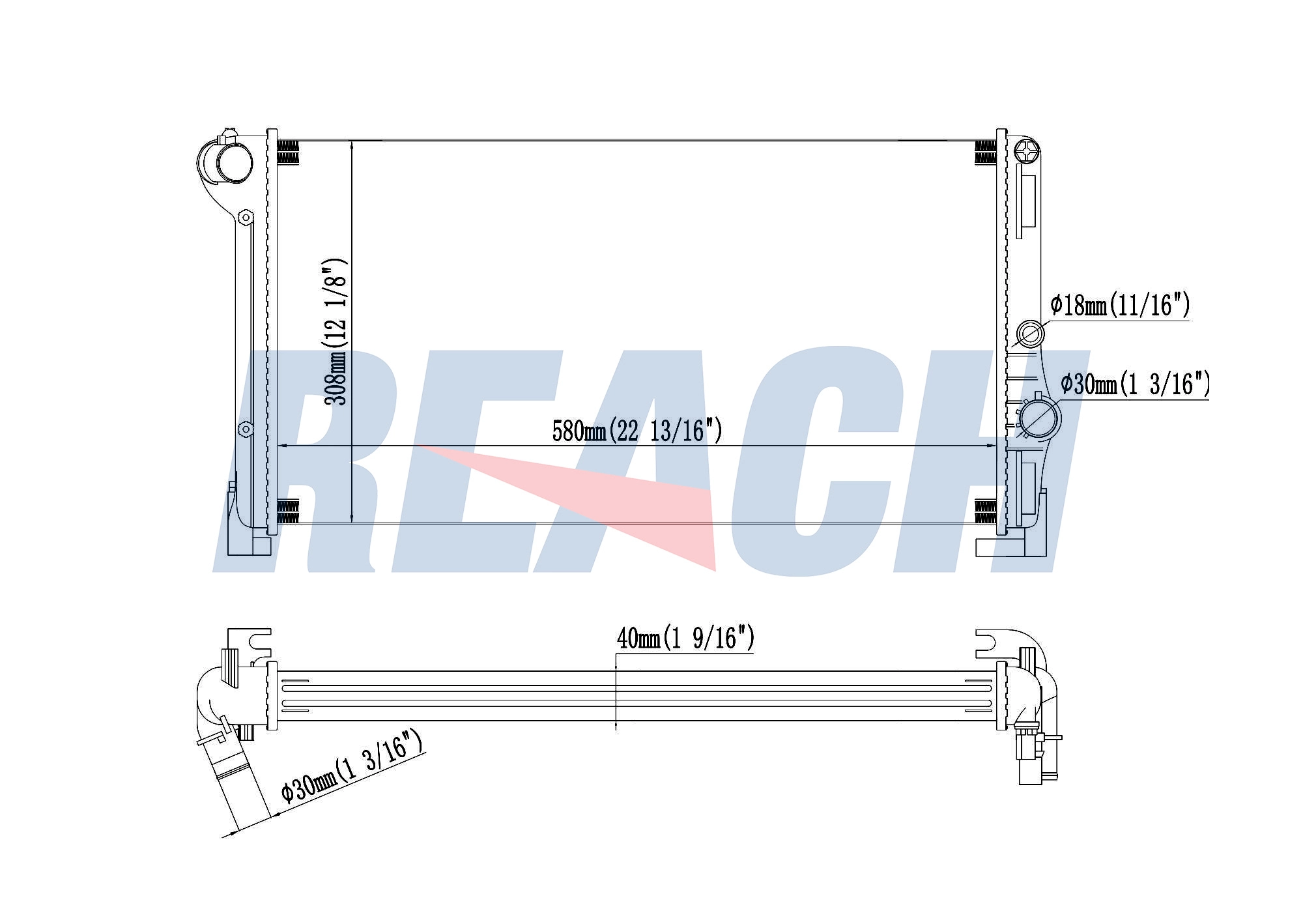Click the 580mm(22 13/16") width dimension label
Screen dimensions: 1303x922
[x=637, y=431]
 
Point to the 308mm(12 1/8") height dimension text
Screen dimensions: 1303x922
[x=336, y=332]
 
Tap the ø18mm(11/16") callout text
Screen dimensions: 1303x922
[x=1120, y=305]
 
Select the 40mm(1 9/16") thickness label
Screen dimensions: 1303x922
[x=685, y=638]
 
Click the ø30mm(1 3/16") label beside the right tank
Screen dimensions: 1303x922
[x=1135, y=384]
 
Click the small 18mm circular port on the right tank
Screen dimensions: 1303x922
[x=1030, y=334]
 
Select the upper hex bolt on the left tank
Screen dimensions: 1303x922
[x=245, y=217]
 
